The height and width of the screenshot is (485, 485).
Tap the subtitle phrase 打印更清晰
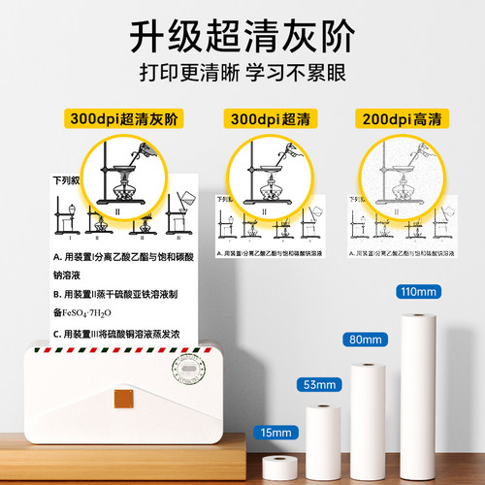178,76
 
